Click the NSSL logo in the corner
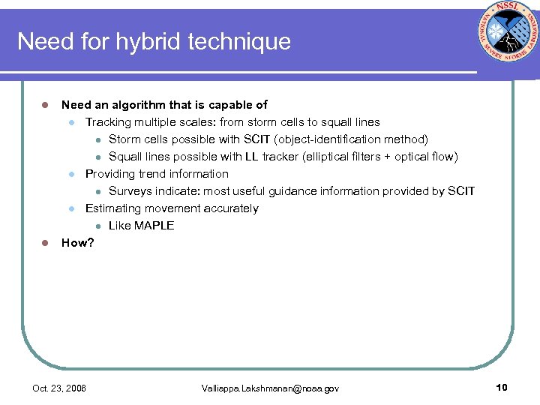[506, 40]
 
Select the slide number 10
[502, 388]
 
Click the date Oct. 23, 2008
[59, 388]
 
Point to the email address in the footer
[270, 388]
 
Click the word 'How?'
[77, 242]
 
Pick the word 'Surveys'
[130, 191]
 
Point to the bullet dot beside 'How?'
[45, 242]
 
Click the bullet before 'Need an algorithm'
[45, 105]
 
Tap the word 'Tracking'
[108, 122]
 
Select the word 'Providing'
[111, 174]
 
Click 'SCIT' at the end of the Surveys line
[460, 191]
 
